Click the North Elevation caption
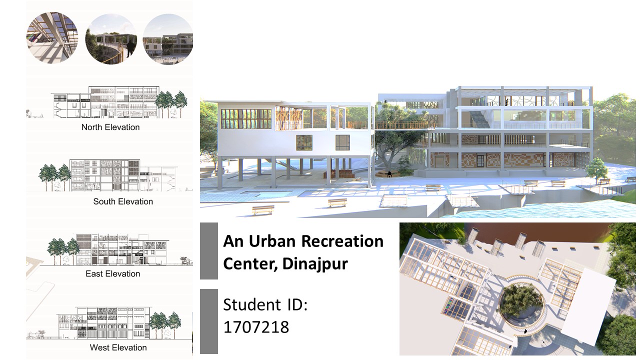point(110,127)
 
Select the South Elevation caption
point(123,201)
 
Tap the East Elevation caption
point(113,273)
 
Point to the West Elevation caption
point(118,347)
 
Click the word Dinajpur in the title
point(315,264)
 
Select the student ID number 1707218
point(256,327)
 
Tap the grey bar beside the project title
point(209,251)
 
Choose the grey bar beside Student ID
point(209,321)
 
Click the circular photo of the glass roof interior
point(52,37)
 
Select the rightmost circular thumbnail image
point(168,39)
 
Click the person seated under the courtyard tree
point(389,174)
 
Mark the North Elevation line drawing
point(106,101)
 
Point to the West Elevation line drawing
point(110,323)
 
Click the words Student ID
point(265,304)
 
